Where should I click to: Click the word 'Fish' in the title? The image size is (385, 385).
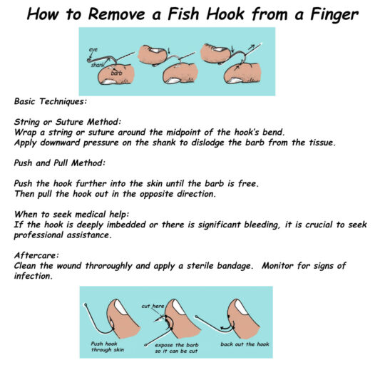pos(183,14)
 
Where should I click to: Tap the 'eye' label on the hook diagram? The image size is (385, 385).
pos(93,50)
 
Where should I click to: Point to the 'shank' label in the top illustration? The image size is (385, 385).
pos(98,65)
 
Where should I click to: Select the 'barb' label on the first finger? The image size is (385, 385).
pos(116,73)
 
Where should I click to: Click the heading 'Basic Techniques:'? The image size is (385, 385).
pos(51,101)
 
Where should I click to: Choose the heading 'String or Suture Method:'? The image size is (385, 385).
pos(68,122)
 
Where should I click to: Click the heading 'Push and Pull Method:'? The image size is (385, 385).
pos(60,163)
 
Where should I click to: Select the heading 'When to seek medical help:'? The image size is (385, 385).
pos(71,215)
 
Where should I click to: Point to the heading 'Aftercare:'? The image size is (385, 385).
pos(36,256)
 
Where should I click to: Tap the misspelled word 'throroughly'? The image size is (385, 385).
pos(109,266)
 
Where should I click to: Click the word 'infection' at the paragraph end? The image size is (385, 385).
pos(34,276)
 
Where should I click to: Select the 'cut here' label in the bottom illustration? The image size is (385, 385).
pos(153,306)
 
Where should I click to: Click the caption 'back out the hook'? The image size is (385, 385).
pos(245,344)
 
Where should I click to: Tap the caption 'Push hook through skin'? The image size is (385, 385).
pos(108,346)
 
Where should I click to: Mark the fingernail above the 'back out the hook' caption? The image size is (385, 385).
pos(242,307)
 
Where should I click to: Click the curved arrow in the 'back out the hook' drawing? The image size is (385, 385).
pos(227,327)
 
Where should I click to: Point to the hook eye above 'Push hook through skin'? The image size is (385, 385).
pos(86,305)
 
